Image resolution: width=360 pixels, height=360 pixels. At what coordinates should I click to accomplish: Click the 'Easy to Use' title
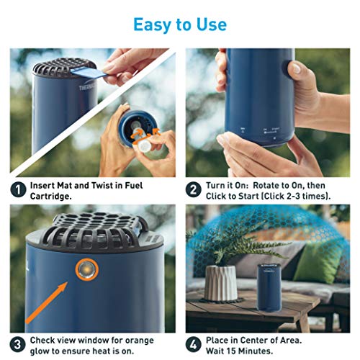[x=179, y=24]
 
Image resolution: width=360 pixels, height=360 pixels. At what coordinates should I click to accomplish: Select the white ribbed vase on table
[x=221, y=283]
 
